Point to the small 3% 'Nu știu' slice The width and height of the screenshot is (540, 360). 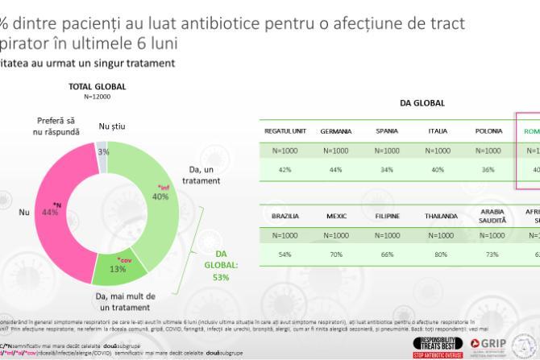click(x=102, y=151)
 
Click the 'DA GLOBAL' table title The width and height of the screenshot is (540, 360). click(x=422, y=103)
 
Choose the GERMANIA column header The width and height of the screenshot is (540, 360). click(x=335, y=130)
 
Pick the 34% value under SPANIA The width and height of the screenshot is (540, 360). click(x=387, y=170)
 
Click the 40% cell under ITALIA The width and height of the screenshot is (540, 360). click(x=438, y=170)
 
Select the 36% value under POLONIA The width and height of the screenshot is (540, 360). click(x=489, y=170)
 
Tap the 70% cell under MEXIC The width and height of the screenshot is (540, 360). click(x=335, y=254)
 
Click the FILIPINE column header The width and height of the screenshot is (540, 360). click(x=387, y=215)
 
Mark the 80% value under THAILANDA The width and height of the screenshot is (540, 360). click(x=438, y=254)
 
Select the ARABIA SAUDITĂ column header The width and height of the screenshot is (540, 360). click(x=489, y=215)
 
